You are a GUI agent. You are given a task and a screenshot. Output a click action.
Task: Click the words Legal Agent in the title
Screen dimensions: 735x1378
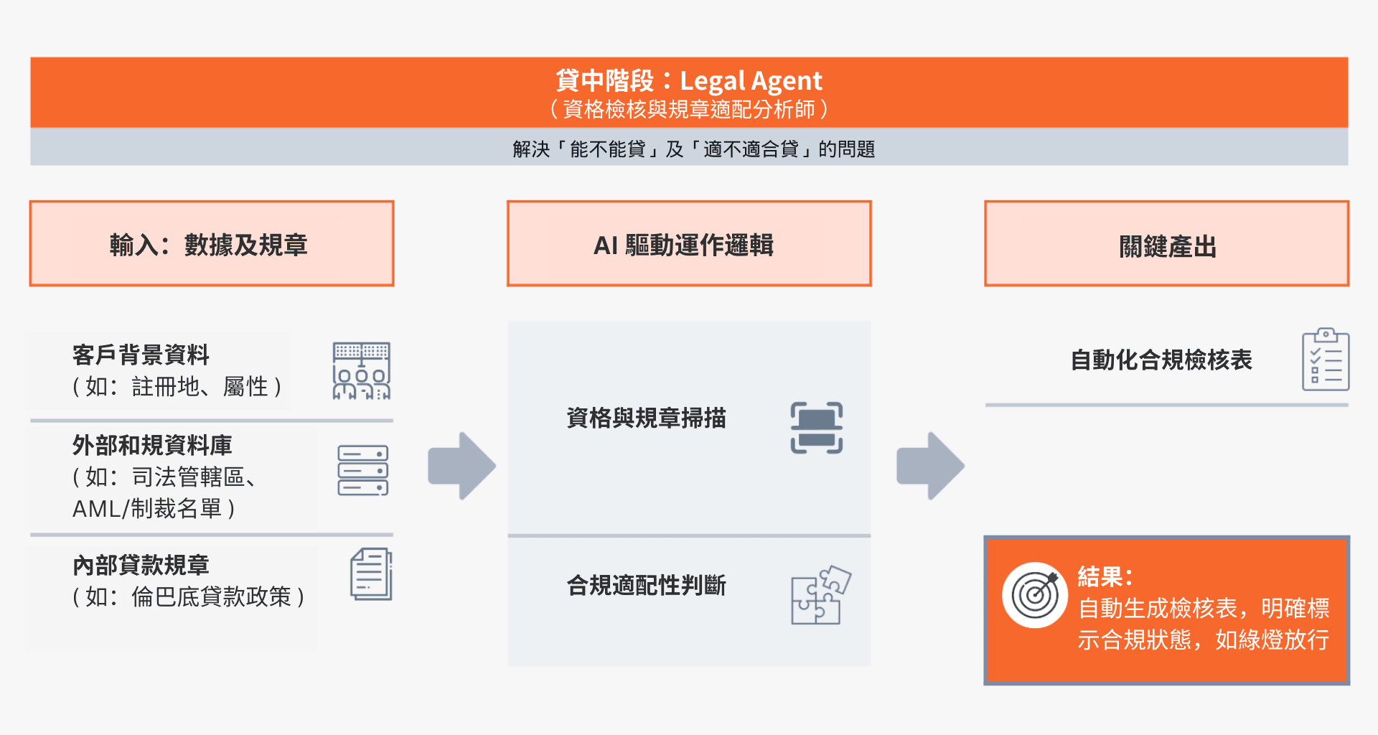751,81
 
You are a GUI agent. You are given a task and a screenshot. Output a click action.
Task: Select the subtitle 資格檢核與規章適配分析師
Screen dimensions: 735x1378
689,109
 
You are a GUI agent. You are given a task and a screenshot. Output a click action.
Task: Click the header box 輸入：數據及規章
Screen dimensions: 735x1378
212,244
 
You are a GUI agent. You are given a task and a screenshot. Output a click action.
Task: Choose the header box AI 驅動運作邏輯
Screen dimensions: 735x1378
689,244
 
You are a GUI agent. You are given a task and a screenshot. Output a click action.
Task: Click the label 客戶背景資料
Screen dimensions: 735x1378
141,355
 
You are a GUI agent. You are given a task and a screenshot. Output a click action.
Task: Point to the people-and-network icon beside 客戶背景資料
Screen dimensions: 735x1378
362,370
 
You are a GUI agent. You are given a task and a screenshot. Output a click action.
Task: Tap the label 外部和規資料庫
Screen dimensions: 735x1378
152,445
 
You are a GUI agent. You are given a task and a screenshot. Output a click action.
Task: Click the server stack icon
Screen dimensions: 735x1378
363,470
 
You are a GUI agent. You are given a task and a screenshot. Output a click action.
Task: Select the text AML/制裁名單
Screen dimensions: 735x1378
154,508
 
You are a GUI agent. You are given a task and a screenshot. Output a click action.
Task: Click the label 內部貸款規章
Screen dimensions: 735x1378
141,565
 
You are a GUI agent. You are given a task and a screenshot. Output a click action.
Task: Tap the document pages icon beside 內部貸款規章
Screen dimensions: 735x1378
371,574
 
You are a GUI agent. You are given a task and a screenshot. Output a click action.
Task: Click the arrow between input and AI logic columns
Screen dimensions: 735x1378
462,466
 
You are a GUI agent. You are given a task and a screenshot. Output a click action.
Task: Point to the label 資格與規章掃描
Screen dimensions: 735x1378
646,418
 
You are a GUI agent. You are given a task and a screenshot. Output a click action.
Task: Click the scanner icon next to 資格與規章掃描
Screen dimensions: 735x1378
817,428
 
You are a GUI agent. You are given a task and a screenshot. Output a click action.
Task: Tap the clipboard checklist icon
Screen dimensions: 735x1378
1326,360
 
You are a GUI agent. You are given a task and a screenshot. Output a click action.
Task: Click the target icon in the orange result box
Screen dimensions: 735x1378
1035,595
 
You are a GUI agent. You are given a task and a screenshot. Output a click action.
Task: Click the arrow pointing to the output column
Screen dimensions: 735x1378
931,466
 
